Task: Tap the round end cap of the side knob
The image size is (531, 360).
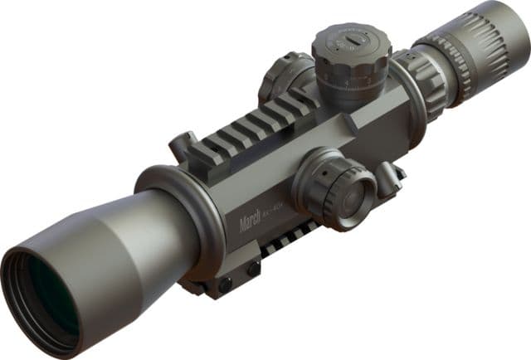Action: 353,196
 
